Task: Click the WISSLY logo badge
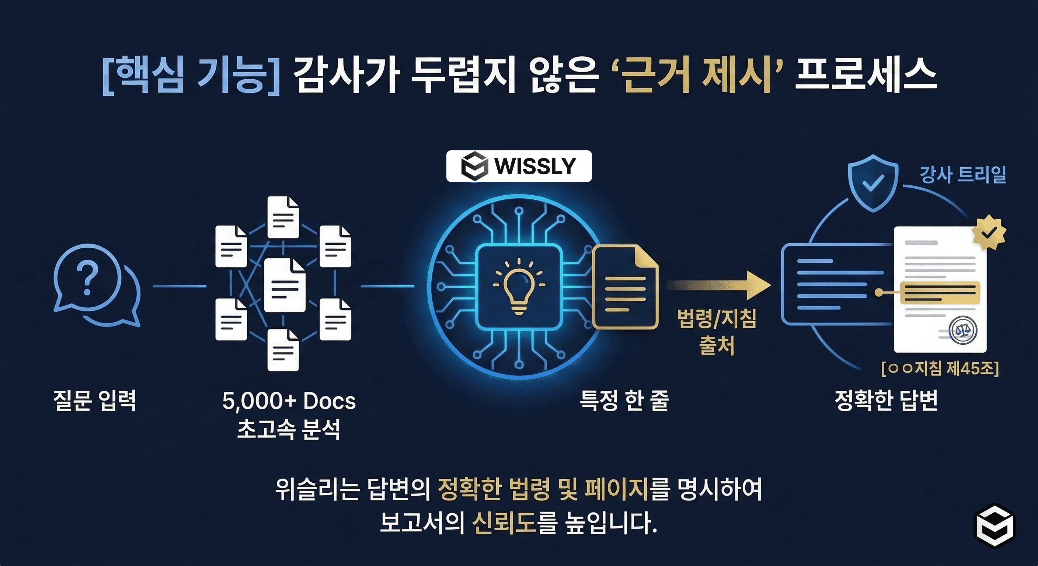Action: tap(519, 166)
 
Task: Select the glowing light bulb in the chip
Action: tap(519, 286)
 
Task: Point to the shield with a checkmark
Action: tap(873, 183)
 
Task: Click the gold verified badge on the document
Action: tap(989, 233)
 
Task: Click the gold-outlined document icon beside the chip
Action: tap(626, 287)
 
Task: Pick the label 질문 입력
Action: tap(95, 401)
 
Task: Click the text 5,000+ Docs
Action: tap(289, 401)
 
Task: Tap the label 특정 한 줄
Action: tap(624, 401)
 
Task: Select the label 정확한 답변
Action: tap(886, 401)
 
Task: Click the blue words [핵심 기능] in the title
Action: tap(191, 76)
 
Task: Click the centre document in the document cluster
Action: tap(285, 285)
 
